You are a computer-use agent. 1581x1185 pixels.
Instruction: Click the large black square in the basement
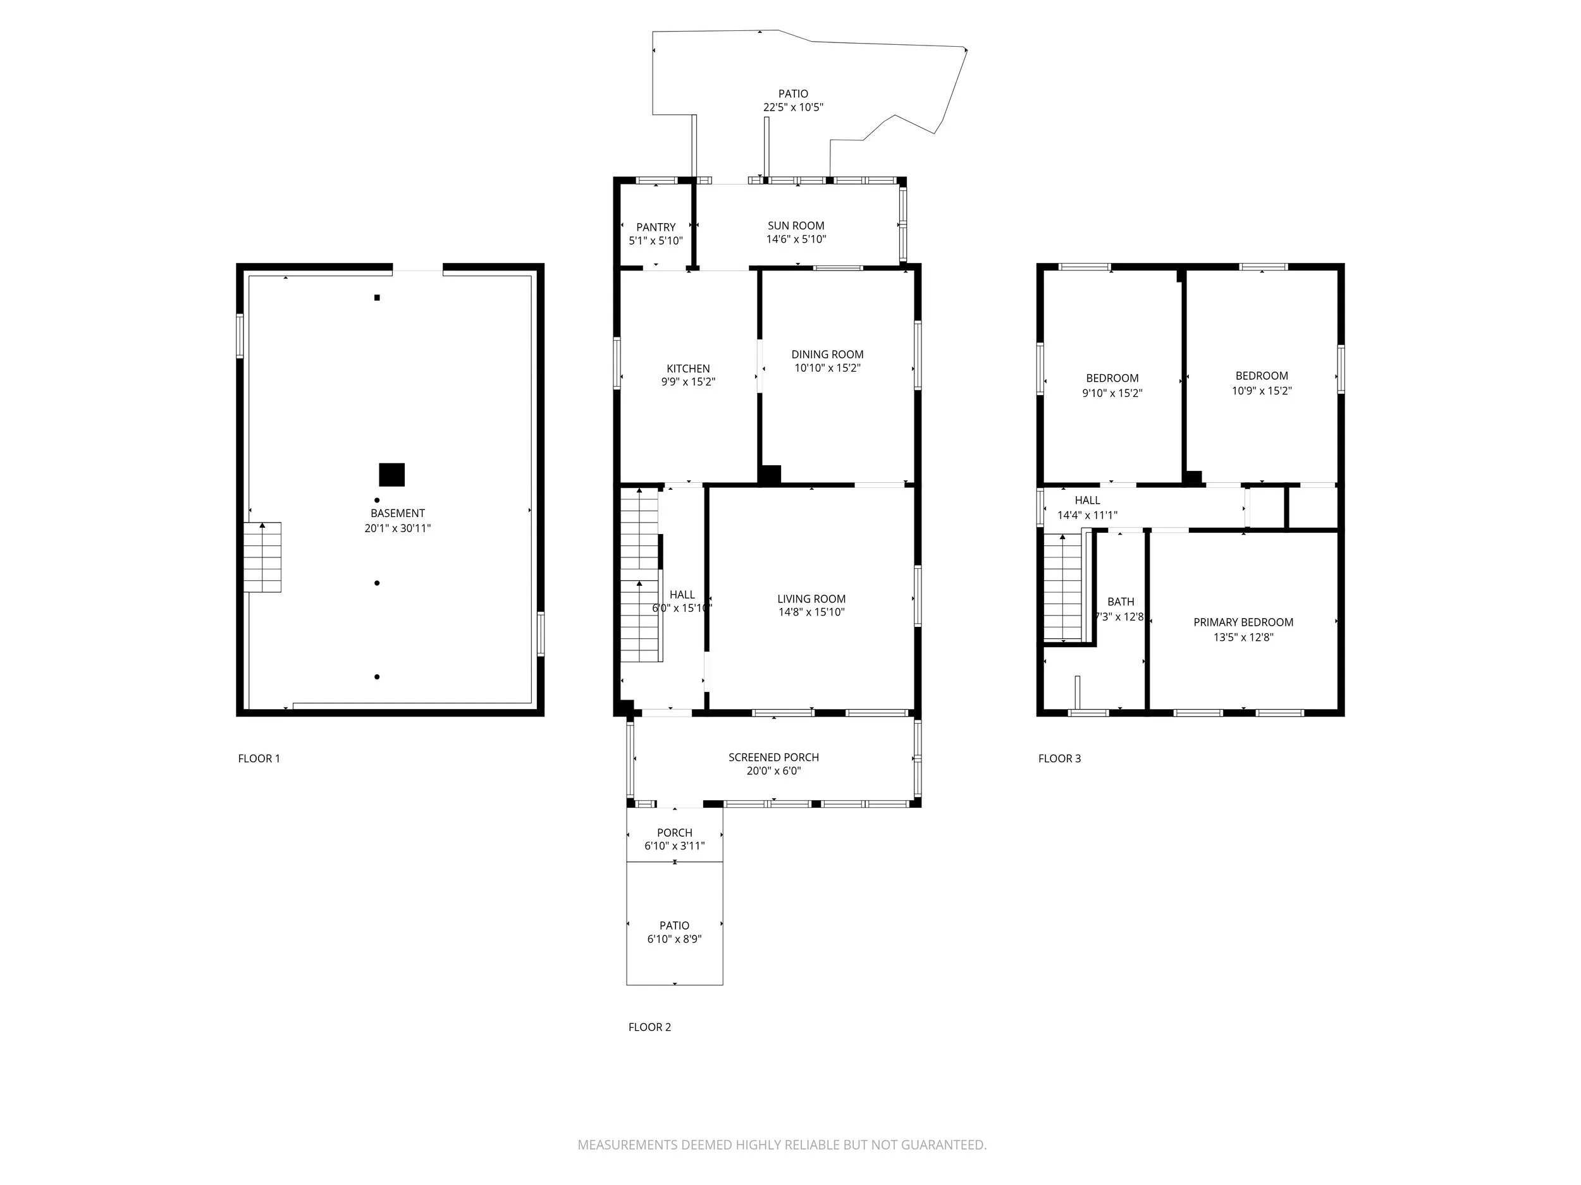coord(391,475)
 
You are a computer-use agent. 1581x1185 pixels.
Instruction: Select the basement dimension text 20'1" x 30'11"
coord(397,528)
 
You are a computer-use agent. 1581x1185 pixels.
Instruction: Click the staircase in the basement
coord(262,557)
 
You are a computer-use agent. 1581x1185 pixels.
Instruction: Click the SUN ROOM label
coord(796,226)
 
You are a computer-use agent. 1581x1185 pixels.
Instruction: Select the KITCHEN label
coord(687,368)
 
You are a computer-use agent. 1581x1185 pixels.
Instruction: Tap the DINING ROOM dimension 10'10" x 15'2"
coord(827,368)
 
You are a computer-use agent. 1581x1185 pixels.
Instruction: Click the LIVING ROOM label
coord(811,599)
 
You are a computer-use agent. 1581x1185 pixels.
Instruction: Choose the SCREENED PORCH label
coord(773,757)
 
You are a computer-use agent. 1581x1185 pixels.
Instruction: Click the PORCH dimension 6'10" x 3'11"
coord(674,846)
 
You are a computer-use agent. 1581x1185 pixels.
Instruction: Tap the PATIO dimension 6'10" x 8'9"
coord(674,939)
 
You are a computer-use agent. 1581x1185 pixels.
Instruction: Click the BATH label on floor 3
coord(1120,602)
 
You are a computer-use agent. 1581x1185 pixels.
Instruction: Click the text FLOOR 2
coord(649,1027)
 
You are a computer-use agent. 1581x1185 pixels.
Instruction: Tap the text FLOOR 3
coord(1059,758)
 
